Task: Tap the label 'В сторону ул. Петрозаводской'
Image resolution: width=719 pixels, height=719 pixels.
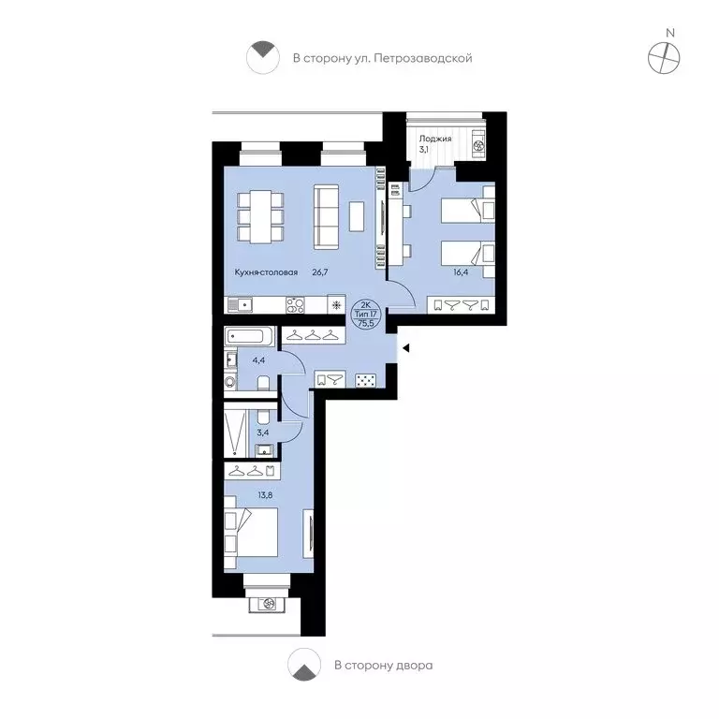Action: (382, 58)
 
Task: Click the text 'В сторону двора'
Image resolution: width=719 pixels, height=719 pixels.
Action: (383, 665)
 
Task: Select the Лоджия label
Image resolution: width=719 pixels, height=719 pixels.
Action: (435, 139)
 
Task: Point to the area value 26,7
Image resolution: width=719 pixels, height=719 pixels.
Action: (320, 271)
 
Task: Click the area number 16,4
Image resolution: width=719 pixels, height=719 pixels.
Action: (461, 271)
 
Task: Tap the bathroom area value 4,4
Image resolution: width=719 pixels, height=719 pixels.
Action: (258, 360)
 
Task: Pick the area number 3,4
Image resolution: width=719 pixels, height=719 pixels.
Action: (263, 433)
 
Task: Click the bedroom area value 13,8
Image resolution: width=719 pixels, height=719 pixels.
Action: (265, 494)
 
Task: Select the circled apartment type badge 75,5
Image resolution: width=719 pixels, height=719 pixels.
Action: (365, 314)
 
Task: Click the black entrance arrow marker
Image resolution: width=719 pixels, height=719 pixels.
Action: (405, 348)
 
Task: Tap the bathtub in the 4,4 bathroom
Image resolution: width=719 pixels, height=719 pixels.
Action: (249, 337)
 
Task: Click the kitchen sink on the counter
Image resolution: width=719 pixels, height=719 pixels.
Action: (240, 305)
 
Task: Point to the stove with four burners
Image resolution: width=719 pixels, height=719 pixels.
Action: (295, 305)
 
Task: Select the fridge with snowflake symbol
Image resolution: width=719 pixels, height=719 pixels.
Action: (336, 304)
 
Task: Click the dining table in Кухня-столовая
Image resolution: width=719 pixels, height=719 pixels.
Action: (260, 216)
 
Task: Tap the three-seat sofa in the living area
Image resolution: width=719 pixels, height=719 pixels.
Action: (326, 216)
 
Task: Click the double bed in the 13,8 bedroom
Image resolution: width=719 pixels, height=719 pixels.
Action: (251, 532)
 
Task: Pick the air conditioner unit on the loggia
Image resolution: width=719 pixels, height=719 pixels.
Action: (478, 145)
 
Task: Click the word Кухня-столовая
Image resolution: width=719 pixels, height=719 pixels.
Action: (266, 272)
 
